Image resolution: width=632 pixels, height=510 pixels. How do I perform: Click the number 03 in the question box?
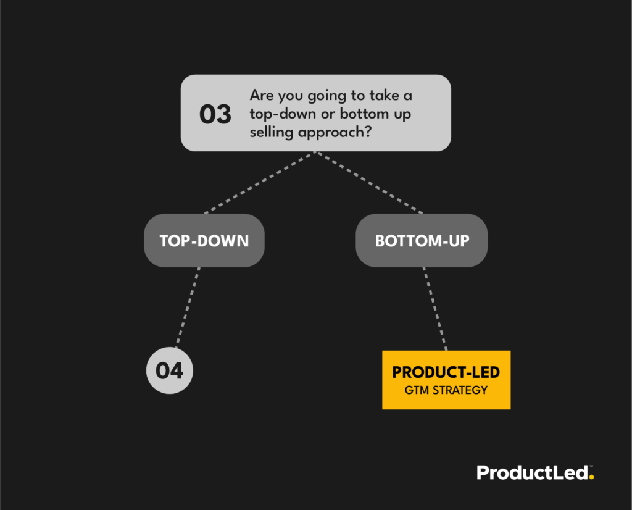tap(215, 114)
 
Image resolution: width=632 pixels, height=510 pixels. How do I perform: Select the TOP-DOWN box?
tap(204, 241)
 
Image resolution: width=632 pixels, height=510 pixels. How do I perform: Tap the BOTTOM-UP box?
tap(422, 241)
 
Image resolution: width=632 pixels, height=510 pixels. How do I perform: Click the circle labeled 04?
tap(169, 371)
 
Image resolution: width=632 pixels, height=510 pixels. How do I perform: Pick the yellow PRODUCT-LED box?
tap(446, 380)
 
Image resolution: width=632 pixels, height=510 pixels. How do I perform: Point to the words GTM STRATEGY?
tap(446, 390)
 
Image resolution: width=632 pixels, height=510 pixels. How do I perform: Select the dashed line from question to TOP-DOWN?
tap(259, 183)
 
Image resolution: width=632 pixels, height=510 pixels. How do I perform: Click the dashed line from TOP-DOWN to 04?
tap(188, 307)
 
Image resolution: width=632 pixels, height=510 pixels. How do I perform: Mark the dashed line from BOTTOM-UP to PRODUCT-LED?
tap(434, 309)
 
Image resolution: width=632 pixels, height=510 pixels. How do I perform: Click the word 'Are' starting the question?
tap(260, 96)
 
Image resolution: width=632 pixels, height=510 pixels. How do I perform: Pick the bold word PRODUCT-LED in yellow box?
tap(446, 373)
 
